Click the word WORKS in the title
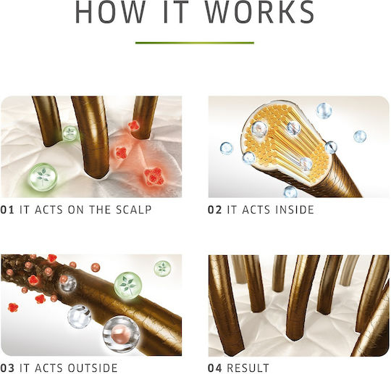click(x=260, y=12)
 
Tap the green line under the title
click(x=195, y=43)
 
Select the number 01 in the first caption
click(x=7, y=209)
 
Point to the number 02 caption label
click(x=215, y=209)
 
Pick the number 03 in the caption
click(x=7, y=368)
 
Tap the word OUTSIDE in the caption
click(x=92, y=368)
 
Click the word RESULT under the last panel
click(x=248, y=368)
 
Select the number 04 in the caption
click(x=215, y=368)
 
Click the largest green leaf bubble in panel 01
click(x=43, y=177)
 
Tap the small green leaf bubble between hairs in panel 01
click(x=70, y=133)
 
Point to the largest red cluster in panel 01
click(x=154, y=177)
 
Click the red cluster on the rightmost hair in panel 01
click(x=134, y=126)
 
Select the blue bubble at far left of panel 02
click(x=227, y=149)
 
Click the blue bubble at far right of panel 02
click(x=360, y=136)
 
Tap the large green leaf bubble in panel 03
click(x=128, y=286)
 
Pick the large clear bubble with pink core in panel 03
click(x=121, y=334)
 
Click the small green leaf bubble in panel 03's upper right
click(x=162, y=268)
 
